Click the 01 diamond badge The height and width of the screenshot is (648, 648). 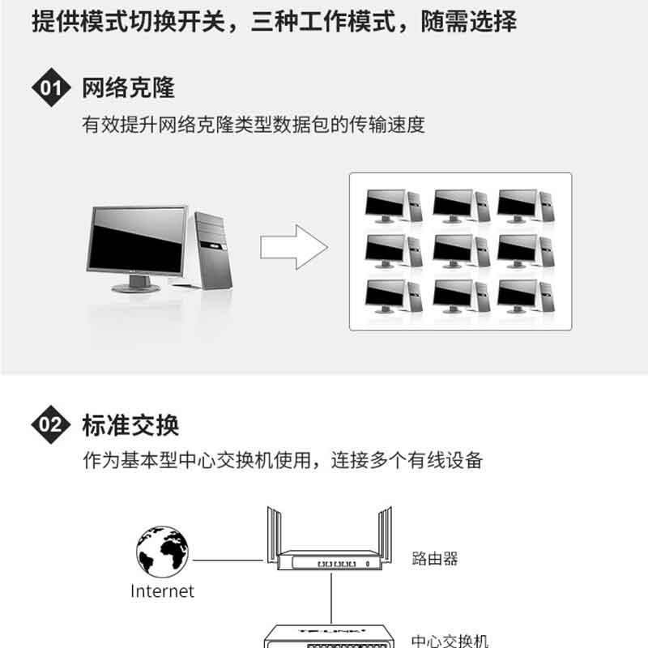[51, 87]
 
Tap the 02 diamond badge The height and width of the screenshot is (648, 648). [51, 424]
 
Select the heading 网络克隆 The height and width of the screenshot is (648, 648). [129, 87]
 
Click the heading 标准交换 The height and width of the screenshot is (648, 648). [130, 424]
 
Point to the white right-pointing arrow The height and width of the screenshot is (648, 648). [294, 247]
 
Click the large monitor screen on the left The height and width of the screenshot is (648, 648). [137, 241]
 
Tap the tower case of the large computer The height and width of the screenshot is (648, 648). [214, 250]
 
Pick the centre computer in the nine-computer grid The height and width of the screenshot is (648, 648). [461, 251]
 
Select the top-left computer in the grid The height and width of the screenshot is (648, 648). [394, 206]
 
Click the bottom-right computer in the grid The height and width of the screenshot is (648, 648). [526, 296]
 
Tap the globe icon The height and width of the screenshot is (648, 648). [163, 552]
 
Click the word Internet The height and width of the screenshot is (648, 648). [162, 591]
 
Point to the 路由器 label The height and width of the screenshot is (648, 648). [435, 558]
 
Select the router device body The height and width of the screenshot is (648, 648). [330, 561]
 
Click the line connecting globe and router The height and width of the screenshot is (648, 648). [228, 561]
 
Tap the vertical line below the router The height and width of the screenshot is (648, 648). [331, 598]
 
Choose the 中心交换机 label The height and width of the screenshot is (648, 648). [450, 641]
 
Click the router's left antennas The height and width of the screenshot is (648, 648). [274, 535]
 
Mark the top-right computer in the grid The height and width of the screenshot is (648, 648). [526, 206]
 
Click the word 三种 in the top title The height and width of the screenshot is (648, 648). [274, 21]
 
